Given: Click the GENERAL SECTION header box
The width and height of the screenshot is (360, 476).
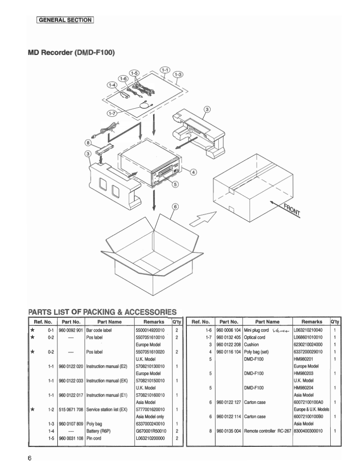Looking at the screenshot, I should [65, 20].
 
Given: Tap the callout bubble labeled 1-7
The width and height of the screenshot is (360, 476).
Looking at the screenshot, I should [112, 114].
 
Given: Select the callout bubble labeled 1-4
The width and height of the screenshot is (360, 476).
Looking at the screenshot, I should [112, 86].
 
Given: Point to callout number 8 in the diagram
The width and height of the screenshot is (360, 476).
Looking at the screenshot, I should [88, 143].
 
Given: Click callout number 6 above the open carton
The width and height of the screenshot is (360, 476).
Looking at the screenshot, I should [175, 207].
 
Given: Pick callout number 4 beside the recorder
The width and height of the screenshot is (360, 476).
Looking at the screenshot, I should [194, 172].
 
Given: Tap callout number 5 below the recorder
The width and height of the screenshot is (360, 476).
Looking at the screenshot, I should [175, 184].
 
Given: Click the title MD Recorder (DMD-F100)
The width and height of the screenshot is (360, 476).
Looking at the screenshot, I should [71, 53].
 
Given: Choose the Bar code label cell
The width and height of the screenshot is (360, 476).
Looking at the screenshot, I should [99, 330].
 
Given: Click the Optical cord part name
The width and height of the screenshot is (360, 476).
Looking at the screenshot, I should [255, 337].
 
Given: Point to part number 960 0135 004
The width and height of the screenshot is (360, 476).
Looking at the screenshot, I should [229, 431].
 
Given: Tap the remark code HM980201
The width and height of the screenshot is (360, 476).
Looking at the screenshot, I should [303, 358].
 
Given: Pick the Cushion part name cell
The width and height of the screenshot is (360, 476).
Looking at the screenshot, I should [251, 344].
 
